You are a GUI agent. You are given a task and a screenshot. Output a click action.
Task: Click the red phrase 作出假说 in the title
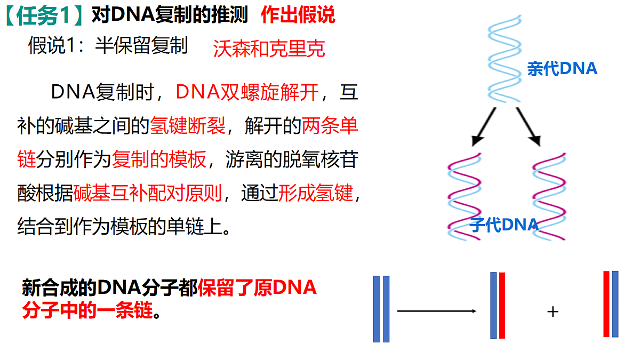(x=298, y=14)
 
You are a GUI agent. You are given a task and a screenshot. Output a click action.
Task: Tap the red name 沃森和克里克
(x=269, y=49)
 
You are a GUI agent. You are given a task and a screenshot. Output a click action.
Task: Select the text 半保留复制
(x=141, y=45)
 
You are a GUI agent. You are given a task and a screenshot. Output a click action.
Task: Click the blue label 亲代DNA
(x=562, y=69)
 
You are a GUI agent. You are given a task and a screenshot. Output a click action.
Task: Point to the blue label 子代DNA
(x=504, y=225)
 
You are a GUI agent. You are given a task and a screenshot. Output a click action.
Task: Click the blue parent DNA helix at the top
(x=505, y=59)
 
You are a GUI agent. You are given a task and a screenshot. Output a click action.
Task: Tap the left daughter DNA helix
(x=465, y=197)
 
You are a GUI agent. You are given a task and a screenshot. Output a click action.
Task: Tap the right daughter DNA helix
(x=549, y=197)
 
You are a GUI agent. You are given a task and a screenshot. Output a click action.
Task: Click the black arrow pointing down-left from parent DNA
(x=483, y=127)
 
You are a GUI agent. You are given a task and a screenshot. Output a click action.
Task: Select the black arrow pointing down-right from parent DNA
(x=529, y=127)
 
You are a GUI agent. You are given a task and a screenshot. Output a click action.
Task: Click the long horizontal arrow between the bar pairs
(x=437, y=311)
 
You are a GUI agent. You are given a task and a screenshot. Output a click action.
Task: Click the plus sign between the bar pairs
(x=553, y=311)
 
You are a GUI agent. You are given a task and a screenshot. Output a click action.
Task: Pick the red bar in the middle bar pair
(x=502, y=306)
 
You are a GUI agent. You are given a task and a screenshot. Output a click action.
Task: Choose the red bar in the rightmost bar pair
(x=606, y=304)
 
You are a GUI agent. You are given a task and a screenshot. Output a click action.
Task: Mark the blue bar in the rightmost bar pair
(x=615, y=304)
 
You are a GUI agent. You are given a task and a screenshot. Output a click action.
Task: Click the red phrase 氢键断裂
(x=188, y=125)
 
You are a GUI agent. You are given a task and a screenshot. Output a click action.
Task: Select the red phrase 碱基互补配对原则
(x=147, y=193)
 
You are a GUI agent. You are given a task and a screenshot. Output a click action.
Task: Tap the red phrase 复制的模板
(x=159, y=159)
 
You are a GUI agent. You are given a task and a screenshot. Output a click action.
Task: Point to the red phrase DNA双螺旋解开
(x=247, y=92)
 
